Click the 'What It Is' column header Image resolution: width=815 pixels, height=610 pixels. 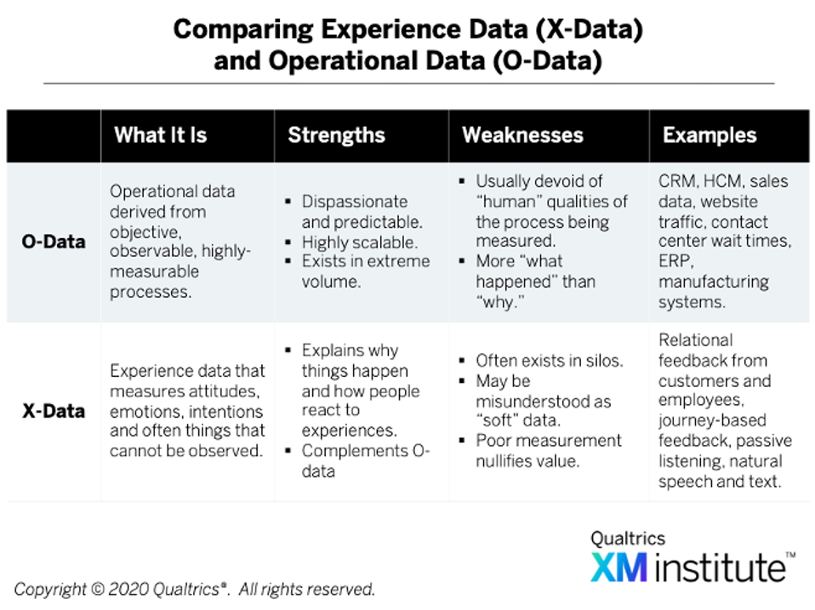(160, 134)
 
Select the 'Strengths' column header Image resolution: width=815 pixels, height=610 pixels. (336, 134)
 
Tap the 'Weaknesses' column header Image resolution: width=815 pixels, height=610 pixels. (522, 134)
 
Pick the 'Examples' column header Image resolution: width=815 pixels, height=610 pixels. (710, 134)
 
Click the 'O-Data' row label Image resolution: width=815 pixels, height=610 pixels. (53, 241)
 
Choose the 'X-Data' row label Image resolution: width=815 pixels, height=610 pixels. (53, 411)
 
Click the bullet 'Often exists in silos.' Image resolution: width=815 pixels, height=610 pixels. (548, 360)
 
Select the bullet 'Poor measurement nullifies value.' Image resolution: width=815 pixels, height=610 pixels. (548, 451)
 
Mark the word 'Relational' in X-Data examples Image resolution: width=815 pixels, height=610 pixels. (695, 340)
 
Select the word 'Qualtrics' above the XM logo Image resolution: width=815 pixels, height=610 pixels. (628, 538)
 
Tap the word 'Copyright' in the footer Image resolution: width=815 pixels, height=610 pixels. (50, 589)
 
